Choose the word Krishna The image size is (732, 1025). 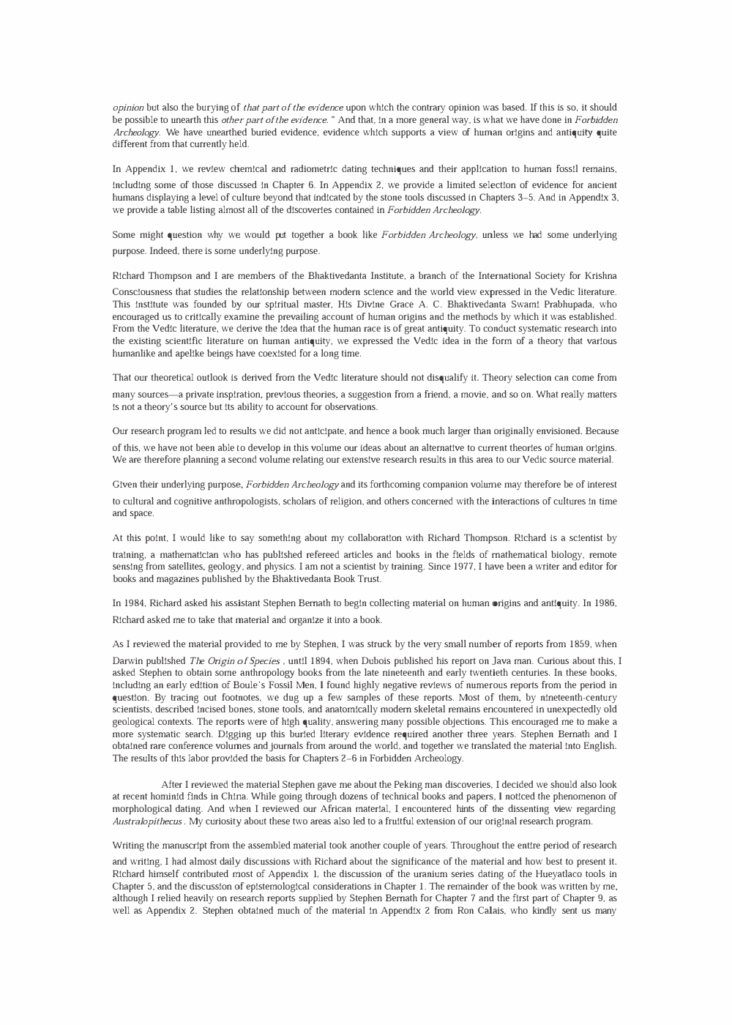pyautogui.click(x=602, y=276)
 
